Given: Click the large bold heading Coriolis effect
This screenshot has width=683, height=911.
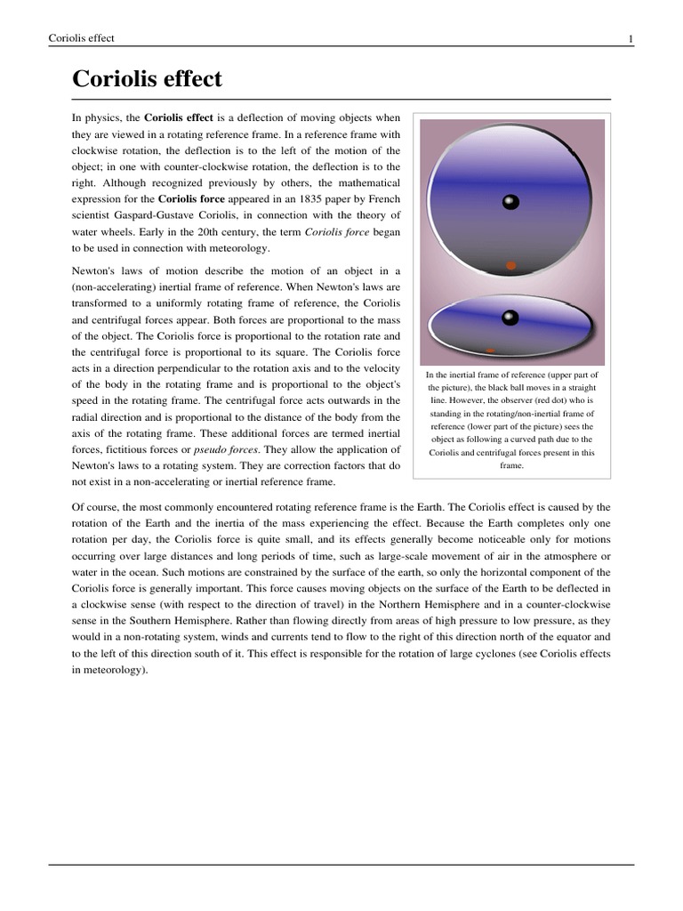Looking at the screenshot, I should [147, 79].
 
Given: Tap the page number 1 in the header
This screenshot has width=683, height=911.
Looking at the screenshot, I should [631, 38].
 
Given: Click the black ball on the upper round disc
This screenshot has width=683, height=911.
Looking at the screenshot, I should [510, 202].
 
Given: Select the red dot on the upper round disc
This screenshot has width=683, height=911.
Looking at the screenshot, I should [510, 265].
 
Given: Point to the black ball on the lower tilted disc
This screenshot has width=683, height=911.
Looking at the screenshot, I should [510, 317].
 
